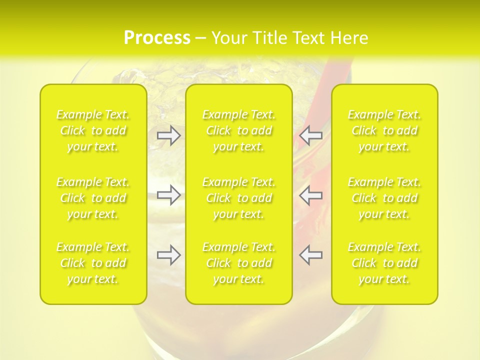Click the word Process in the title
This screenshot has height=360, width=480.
(x=157, y=38)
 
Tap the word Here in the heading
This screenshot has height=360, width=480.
(x=349, y=38)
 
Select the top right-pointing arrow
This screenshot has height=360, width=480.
(x=169, y=135)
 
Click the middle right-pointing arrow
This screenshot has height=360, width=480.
(x=169, y=195)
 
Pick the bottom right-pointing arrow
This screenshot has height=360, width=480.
(x=169, y=255)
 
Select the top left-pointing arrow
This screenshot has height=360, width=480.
(x=310, y=135)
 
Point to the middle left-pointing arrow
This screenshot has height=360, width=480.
(x=310, y=195)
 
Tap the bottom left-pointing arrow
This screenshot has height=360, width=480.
(x=310, y=255)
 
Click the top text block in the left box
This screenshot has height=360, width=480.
(x=93, y=130)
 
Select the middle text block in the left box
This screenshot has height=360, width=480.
(x=93, y=198)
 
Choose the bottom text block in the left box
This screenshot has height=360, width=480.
(x=93, y=263)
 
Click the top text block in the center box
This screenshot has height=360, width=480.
(x=239, y=130)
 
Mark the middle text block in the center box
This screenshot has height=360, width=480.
(x=239, y=198)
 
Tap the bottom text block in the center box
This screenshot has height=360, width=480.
(x=239, y=263)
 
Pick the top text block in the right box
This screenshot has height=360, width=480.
(x=384, y=130)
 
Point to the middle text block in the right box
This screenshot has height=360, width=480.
(x=384, y=198)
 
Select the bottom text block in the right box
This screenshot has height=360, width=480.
(x=384, y=263)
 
